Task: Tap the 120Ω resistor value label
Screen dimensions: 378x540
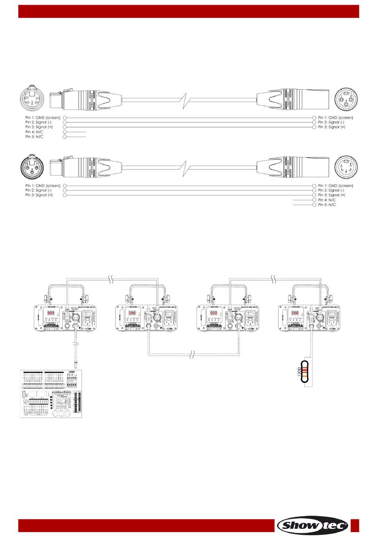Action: [299, 372]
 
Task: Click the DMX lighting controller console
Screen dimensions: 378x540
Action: [51, 394]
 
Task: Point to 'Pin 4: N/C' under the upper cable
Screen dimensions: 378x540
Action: [34, 132]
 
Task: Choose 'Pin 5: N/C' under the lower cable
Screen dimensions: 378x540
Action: [327, 205]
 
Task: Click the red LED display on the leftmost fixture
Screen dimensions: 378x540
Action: [51, 313]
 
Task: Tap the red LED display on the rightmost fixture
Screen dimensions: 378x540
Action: [295, 313]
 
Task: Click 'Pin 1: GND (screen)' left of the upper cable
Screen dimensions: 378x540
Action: [43, 118]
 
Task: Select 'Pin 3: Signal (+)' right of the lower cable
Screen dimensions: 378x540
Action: [331, 195]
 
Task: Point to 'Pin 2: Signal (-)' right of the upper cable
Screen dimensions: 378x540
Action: [331, 122]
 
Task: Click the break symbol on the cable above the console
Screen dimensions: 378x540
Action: [76, 343]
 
